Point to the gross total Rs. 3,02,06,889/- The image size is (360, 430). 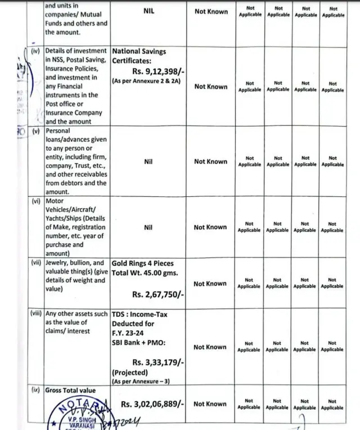pyautogui.click(x=151, y=404)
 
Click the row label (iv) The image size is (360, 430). pyautogui.click(x=35, y=51)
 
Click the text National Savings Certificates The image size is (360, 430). pyautogui.click(x=139, y=56)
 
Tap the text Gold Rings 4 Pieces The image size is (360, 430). pyautogui.click(x=142, y=263)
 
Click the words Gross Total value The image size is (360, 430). pyautogui.click(x=70, y=391)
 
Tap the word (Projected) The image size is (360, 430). pyautogui.click(x=131, y=373)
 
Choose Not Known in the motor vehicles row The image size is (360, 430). pyautogui.click(x=210, y=227)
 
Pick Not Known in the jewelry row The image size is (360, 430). pyautogui.click(x=210, y=284)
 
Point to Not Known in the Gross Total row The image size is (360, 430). pyautogui.click(x=210, y=404)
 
